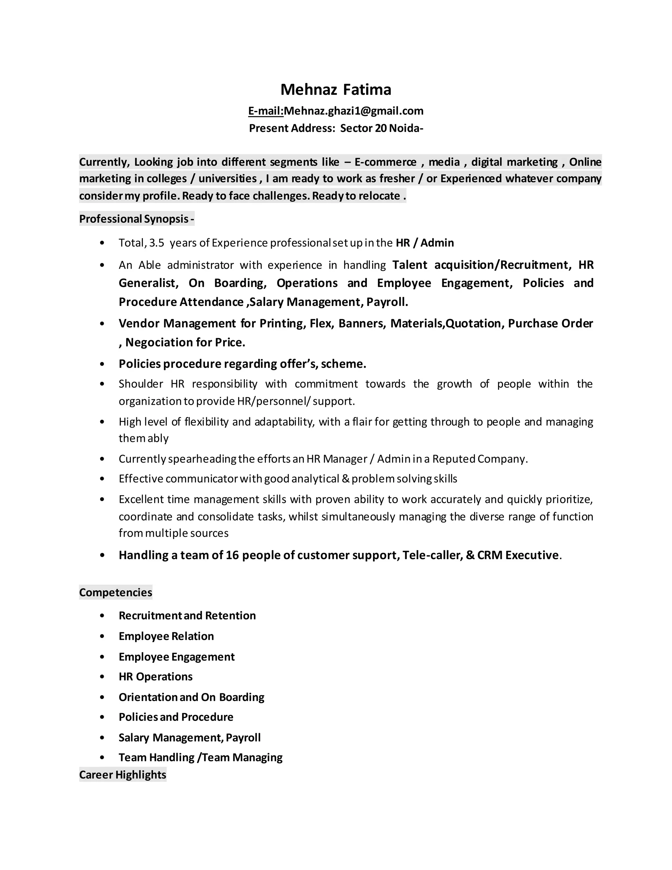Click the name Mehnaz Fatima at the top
tap(336, 90)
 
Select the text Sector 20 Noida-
tap(381, 128)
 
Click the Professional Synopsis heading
tap(136, 219)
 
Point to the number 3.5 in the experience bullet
tap(157, 243)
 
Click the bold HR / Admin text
tap(425, 243)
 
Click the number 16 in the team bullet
tap(232, 555)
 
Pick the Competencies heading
tap(115, 592)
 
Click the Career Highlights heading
tap(123, 774)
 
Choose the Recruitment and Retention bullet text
tap(187, 616)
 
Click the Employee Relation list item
tap(166, 636)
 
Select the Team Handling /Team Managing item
tap(200, 757)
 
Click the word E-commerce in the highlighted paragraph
tap(385, 162)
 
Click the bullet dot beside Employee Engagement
tap(102, 657)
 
